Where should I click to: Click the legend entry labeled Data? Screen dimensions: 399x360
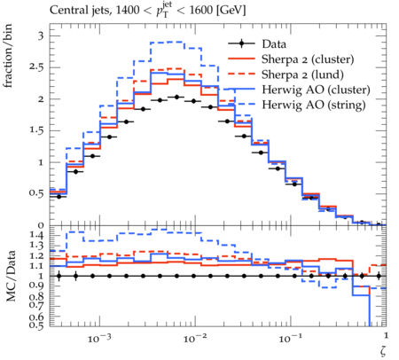[274, 44]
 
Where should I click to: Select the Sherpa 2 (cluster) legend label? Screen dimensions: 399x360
[308, 59]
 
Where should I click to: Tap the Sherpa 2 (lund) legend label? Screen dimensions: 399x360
[302, 74]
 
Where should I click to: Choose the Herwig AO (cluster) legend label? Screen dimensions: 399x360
[316, 90]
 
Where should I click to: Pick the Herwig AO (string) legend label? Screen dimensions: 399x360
[314, 105]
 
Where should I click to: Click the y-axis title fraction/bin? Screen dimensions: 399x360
[8, 56]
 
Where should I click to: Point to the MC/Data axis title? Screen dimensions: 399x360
[11, 276]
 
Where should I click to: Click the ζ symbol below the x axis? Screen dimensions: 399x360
[383, 350]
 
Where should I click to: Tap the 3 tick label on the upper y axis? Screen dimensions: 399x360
[41, 36]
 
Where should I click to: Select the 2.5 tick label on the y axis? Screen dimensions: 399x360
[36, 67]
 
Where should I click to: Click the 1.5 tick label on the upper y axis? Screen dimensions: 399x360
[36, 130]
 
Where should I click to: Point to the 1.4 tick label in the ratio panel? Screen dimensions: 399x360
[36, 236]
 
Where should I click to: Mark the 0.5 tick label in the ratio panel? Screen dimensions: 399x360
[36, 325]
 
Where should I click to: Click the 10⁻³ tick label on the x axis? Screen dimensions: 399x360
[98, 338]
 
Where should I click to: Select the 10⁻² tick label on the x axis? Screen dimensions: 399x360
[194, 338]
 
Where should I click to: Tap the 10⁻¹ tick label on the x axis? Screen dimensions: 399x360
[290, 338]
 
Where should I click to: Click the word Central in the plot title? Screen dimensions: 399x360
[66, 11]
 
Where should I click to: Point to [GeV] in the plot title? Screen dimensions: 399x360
[231, 11]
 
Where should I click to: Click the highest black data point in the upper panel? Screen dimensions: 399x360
[177, 97]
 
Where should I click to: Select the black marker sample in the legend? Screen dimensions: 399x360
[241, 44]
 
